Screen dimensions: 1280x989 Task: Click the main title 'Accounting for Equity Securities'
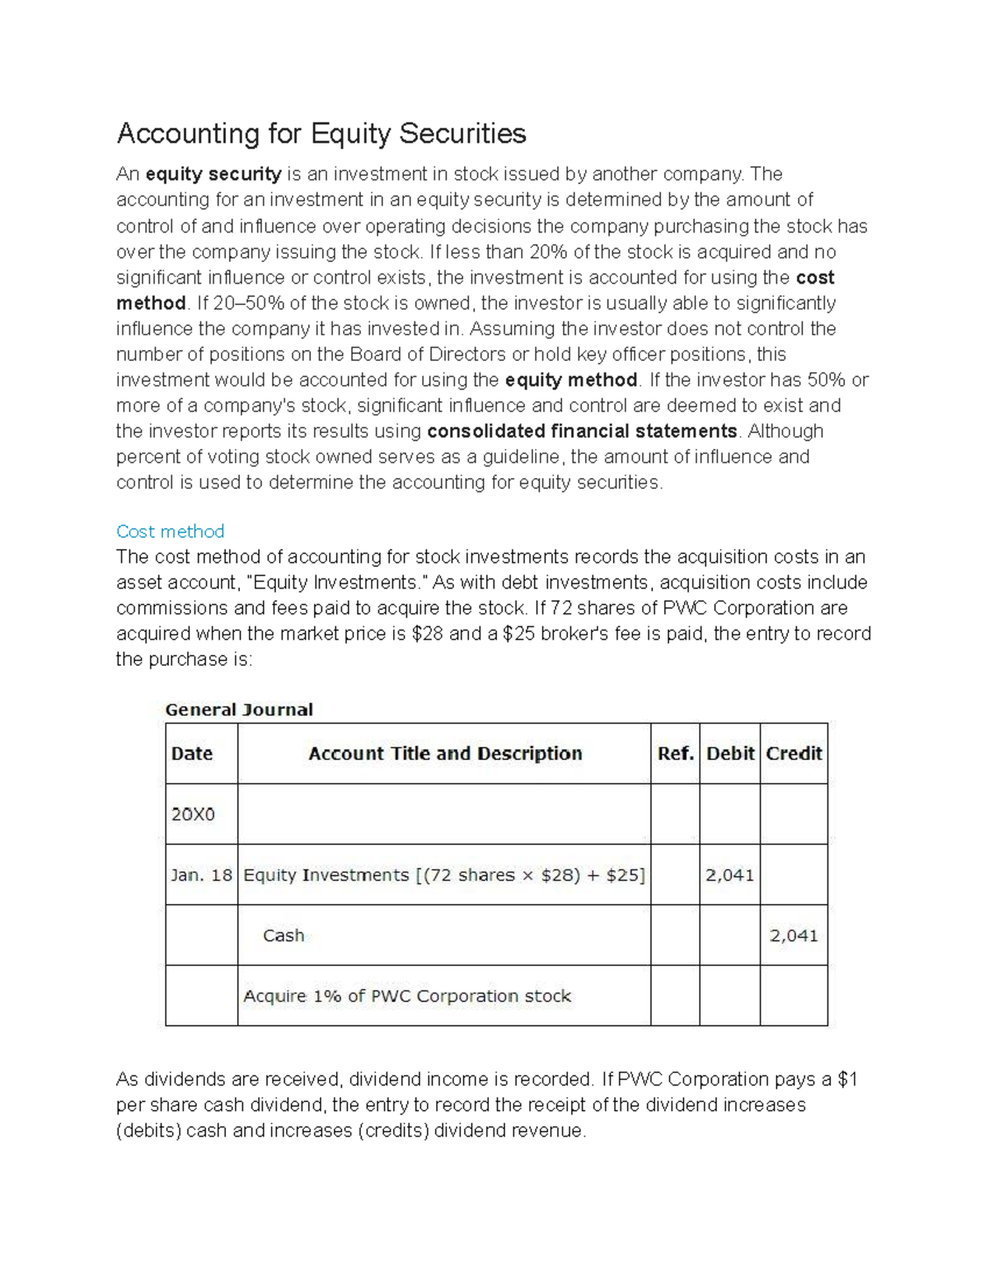[321, 134]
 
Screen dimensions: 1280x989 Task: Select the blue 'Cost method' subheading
[170, 532]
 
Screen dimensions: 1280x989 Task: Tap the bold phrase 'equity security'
[213, 174]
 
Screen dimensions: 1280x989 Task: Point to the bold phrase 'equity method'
[570, 380]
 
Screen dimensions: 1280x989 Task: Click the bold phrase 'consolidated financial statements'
[582, 431]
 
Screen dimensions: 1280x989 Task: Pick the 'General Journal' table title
[239, 710]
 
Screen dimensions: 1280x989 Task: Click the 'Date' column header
[192, 753]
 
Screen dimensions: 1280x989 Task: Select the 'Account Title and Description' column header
[445, 753]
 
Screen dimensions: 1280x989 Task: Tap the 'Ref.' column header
[675, 753]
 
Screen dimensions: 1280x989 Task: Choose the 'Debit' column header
[730, 753]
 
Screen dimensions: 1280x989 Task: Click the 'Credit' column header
[794, 753]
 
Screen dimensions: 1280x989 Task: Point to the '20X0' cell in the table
[193, 814]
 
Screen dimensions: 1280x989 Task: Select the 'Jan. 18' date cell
[201, 875]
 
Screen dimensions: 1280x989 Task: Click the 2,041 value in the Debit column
[729, 875]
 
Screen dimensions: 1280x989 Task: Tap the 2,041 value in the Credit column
[794, 935]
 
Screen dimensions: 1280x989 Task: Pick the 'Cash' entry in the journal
[284, 935]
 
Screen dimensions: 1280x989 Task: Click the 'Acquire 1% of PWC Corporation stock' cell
[407, 996]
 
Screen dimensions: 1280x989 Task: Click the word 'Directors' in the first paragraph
[464, 354]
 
